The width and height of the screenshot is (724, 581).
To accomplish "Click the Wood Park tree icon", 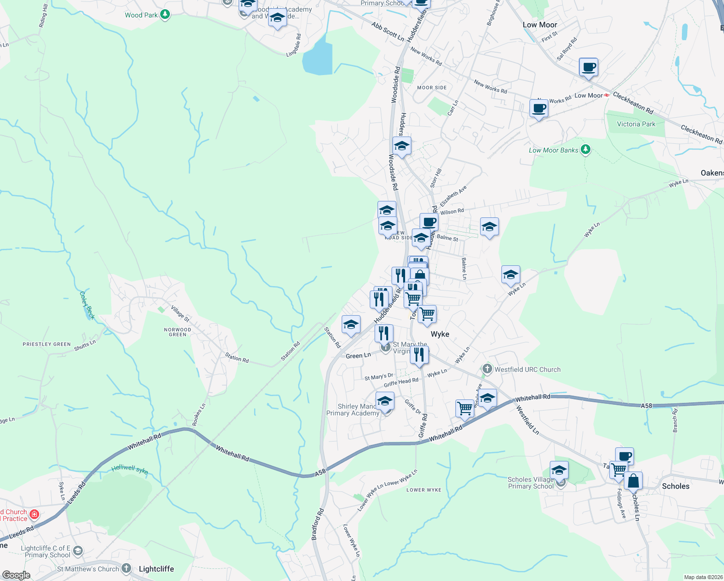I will tap(165, 15).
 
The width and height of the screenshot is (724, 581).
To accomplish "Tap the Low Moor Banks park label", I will tap(553, 150).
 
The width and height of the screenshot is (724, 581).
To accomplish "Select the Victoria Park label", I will tap(636, 124).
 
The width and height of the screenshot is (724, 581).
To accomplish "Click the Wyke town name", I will tap(440, 334).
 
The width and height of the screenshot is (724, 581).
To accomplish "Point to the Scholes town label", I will tap(675, 486).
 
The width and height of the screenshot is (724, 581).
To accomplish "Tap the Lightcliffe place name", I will tap(156, 569).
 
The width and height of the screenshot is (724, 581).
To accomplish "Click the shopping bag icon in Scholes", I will tap(633, 481).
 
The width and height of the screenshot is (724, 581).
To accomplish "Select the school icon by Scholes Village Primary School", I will tap(559, 470).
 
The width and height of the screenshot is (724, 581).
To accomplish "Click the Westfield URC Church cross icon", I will tap(487, 369).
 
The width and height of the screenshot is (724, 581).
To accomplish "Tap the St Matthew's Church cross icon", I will tap(126, 568).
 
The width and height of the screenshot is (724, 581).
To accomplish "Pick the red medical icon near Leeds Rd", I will tap(34, 514).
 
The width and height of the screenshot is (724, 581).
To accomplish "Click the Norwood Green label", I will tap(178, 332).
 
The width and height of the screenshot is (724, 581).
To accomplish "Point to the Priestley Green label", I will tap(46, 344).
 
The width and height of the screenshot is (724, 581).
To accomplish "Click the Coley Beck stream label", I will tap(87, 306).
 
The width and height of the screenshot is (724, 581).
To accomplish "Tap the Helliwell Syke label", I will tap(130, 469).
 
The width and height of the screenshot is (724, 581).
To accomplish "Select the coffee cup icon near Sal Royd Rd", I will tap(588, 67).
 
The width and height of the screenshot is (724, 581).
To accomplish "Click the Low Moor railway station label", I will tap(588, 95).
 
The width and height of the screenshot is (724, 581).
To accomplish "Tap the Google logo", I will tap(16, 575).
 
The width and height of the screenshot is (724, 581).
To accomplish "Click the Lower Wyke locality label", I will tap(423, 490).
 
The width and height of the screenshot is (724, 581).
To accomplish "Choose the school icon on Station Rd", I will tap(351, 324).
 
